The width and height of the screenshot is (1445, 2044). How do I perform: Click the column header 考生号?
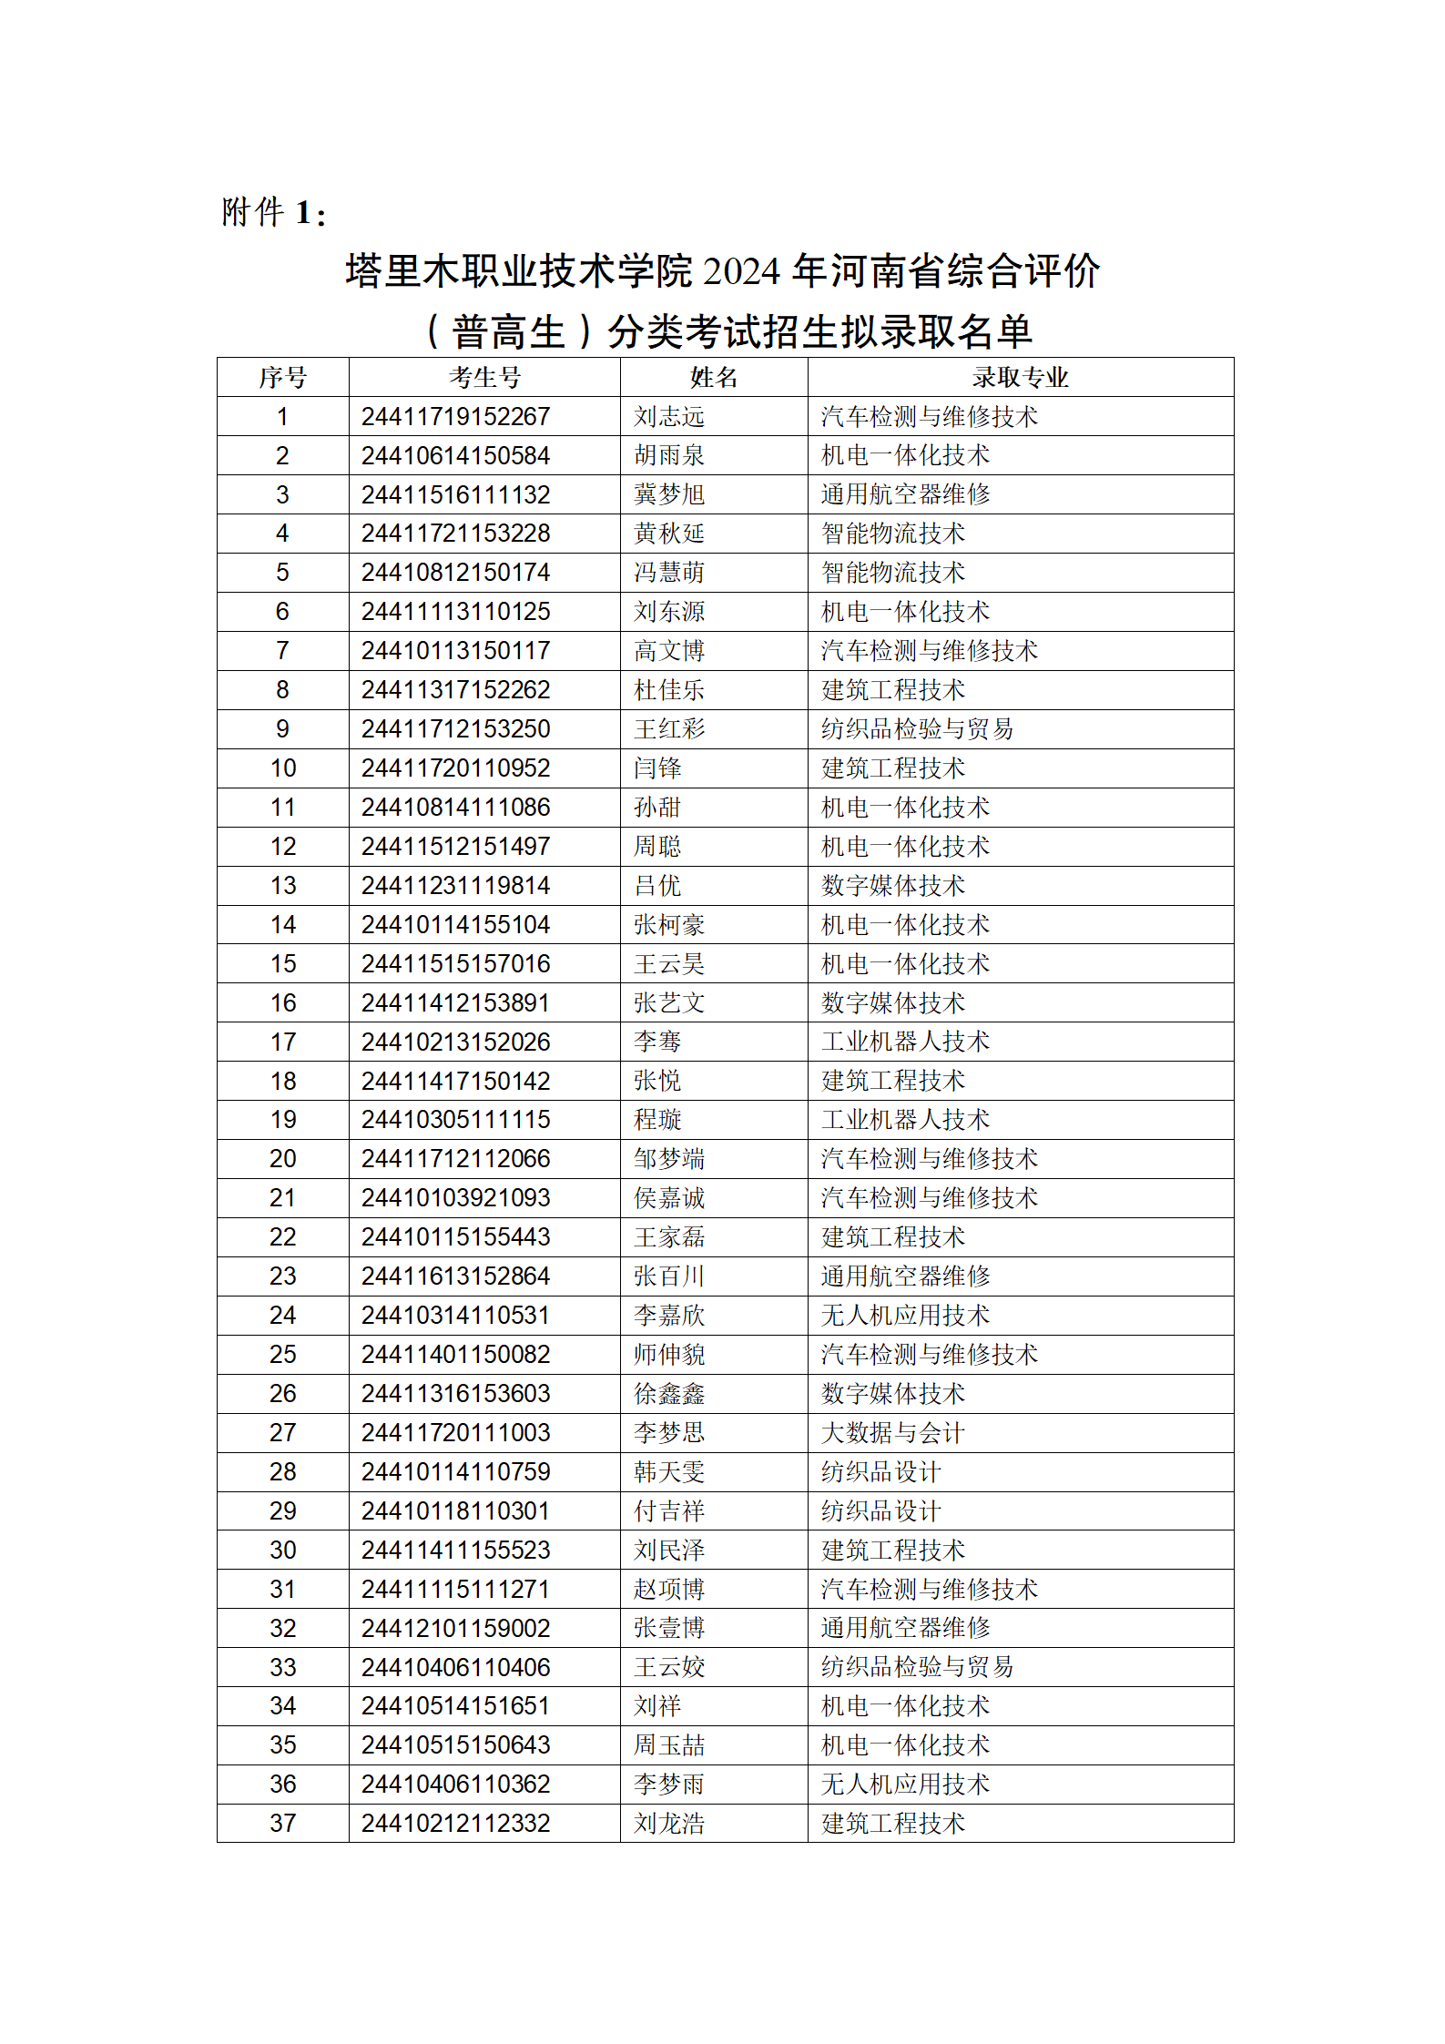click(x=484, y=377)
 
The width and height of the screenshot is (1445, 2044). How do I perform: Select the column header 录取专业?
click(x=1020, y=377)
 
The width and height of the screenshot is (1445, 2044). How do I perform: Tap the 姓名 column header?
click(x=714, y=377)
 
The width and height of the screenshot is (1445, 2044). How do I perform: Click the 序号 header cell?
click(x=283, y=377)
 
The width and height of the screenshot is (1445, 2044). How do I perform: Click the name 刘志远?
click(x=669, y=417)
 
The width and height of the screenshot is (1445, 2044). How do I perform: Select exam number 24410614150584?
click(x=455, y=456)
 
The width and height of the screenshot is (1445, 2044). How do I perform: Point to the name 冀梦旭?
click(x=669, y=495)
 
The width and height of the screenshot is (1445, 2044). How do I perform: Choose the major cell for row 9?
click(x=917, y=729)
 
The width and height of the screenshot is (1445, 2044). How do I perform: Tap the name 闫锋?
click(x=657, y=768)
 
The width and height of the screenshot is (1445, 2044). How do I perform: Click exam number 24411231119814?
click(x=455, y=886)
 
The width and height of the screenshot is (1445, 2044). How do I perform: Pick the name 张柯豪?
click(x=669, y=925)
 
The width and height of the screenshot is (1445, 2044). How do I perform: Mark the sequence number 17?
click(x=283, y=1042)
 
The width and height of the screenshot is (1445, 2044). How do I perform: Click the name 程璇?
click(x=657, y=1120)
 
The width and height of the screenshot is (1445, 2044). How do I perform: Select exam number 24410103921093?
click(x=455, y=1198)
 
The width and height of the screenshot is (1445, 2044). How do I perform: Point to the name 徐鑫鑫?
click(x=669, y=1394)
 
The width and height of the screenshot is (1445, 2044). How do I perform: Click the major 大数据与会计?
click(x=892, y=1433)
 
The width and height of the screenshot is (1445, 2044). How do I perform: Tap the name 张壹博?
click(x=669, y=1628)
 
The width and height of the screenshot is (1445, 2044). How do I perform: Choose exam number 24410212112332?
click(x=455, y=1824)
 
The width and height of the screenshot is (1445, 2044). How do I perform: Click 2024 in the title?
click(x=741, y=271)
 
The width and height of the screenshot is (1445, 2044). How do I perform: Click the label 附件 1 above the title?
click(x=273, y=213)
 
